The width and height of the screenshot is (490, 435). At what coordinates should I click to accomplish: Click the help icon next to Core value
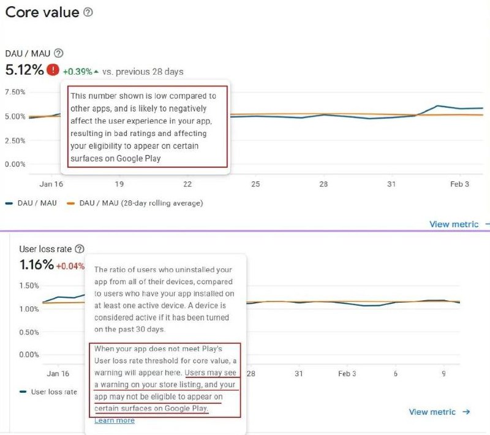(88, 12)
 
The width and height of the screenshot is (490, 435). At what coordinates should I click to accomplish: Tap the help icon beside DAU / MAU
(59, 53)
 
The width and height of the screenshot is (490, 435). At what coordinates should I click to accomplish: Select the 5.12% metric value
(24, 70)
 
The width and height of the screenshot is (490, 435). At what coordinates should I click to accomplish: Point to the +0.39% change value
(77, 72)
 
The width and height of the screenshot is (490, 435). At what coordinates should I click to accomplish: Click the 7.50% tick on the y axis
(15, 92)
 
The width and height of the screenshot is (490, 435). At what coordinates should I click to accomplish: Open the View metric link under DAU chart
(454, 224)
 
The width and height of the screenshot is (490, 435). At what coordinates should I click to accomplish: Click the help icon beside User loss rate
(80, 249)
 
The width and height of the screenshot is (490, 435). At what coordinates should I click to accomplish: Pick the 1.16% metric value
(36, 265)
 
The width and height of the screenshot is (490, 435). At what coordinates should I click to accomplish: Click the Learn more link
(115, 420)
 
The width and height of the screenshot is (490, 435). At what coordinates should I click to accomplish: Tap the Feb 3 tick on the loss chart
(347, 373)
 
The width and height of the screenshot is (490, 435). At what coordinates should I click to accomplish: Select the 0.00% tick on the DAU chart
(15, 164)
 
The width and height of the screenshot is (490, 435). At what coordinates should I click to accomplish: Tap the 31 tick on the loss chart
(299, 373)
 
